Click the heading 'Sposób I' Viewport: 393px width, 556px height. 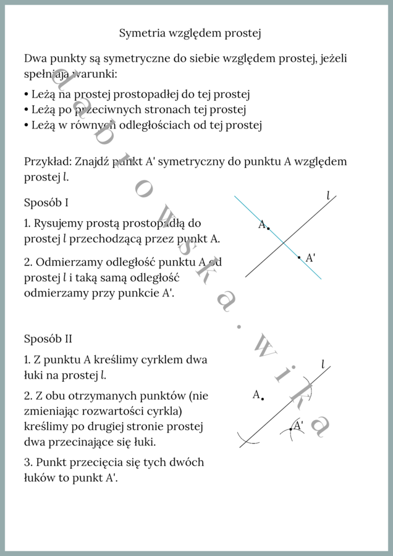46,203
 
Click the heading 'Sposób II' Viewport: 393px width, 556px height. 48,339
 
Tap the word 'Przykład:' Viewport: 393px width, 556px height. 48,162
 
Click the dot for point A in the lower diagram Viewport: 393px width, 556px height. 263,399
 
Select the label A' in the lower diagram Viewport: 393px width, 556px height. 298,426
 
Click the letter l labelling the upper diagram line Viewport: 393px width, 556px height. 328,196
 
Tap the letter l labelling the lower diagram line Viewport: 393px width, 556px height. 323,364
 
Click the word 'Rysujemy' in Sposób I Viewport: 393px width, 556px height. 59,223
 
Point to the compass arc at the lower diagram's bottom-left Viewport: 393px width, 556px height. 248,440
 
